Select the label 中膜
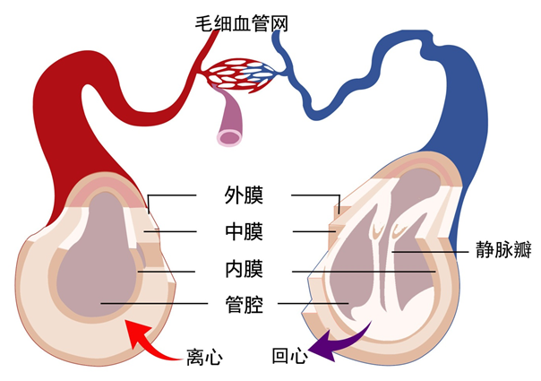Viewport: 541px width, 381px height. pyautogui.click(x=243, y=231)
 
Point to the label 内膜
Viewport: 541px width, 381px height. pyautogui.click(x=243, y=269)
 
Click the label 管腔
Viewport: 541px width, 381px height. pyautogui.click(x=243, y=306)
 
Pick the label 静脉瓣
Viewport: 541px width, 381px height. pyautogui.click(x=497, y=253)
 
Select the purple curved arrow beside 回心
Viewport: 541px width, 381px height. pyautogui.click(x=338, y=340)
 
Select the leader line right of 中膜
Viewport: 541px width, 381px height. pyautogui.click(x=313, y=231)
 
